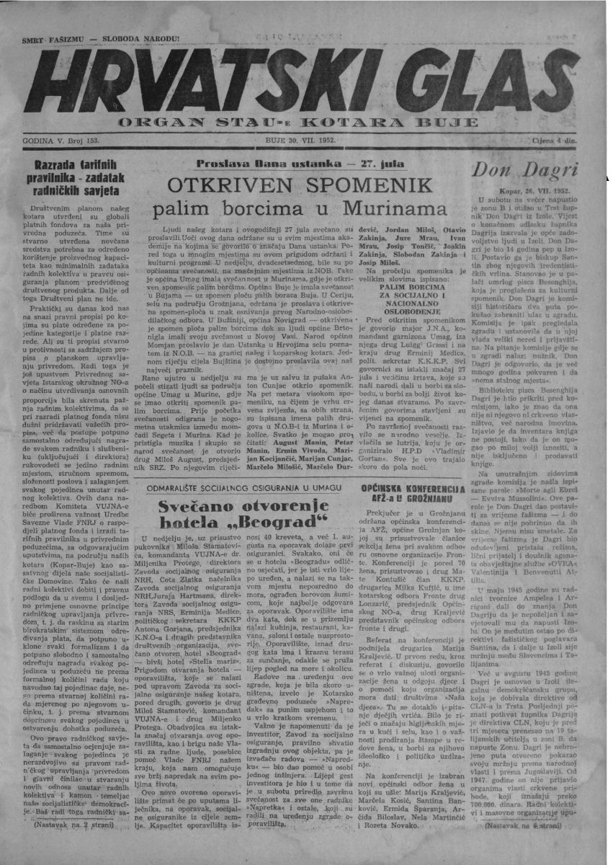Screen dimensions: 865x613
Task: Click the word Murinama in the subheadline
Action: (386, 210)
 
